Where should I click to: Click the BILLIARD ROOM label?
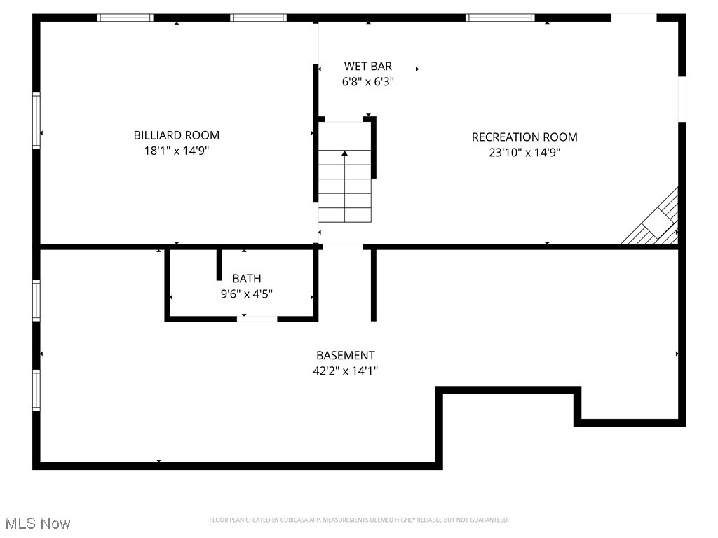[x=176, y=135]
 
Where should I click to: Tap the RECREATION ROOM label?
[x=524, y=137]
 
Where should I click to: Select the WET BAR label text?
[x=367, y=67]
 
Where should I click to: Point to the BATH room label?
[x=247, y=279]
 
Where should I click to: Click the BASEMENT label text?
[x=345, y=356]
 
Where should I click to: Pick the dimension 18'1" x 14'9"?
[x=176, y=151]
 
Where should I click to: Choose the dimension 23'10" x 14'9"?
[x=524, y=153]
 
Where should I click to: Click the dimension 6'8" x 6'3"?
[x=367, y=81]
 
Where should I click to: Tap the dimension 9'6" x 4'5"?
[x=247, y=294]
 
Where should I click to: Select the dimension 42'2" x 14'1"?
[x=345, y=371]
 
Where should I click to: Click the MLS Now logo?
[x=38, y=523]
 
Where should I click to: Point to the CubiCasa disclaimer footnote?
[x=359, y=520]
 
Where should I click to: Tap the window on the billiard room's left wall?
[x=36, y=121]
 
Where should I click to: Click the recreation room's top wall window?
[x=500, y=18]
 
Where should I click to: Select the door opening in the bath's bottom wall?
[x=257, y=319]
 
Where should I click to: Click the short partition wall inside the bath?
[x=219, y=265]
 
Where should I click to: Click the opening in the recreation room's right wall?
[x=682, y=99]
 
